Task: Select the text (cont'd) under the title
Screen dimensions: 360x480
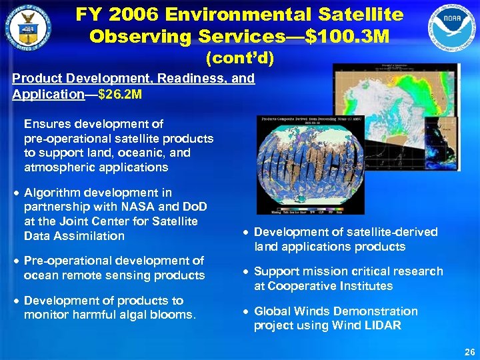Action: pyautogui.click(x=239, y=59)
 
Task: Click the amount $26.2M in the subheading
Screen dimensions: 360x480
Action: pyautogui.click(x=119, y=94)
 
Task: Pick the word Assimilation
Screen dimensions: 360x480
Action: pyautogui.click(x=92, y=236)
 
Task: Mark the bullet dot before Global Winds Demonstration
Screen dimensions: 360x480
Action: pyautogui.click(x=246, y=311)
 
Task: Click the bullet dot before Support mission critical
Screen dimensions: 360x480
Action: pyautogui.click(x=246, y=272)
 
